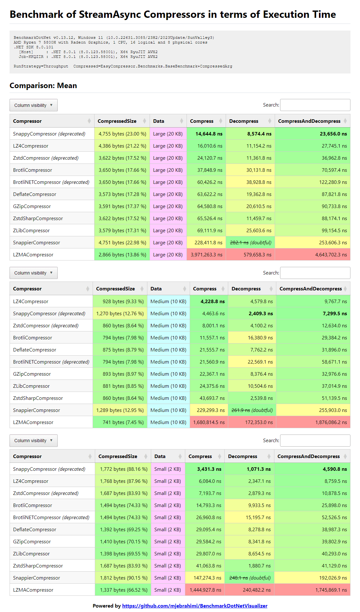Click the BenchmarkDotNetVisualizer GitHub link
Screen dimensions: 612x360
click(x=194, y=606)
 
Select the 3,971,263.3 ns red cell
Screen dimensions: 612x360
click(x=207, y=255)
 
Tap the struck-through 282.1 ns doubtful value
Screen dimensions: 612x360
click(x=239, y=243)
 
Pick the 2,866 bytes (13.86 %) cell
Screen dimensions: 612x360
click(x=122, y=255)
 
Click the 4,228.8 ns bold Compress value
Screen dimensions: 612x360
click(x=212, y=302)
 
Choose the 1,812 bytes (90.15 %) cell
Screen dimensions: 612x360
click(x=124, y=578)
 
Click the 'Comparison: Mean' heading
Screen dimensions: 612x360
click(x=43, y=86)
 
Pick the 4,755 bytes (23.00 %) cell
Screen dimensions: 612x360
click(x=122, y=134)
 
